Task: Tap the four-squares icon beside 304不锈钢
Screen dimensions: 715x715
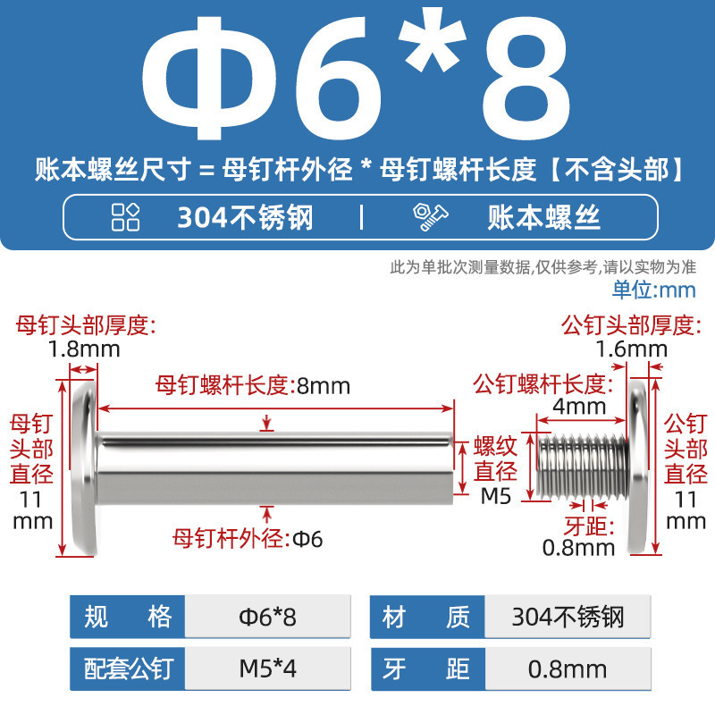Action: coord(125,217)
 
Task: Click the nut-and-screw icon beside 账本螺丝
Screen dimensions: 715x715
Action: coord(431,217)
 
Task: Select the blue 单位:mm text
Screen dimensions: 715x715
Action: coord(653,290)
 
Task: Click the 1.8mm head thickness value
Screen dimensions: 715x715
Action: coord(84,349)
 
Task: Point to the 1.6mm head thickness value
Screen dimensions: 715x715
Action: coord(632,349)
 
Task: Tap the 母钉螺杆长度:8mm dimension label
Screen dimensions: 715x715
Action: coord(253,386)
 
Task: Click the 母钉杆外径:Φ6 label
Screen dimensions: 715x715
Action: coord(248,539)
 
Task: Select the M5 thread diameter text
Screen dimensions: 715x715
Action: coord(496,496)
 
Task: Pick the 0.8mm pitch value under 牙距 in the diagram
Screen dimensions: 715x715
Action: coord(578,548)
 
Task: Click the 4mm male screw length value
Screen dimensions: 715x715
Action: coord(579,406)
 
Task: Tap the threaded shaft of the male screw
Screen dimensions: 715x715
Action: coord(583,466)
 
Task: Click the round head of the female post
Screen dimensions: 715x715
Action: coord(85,468)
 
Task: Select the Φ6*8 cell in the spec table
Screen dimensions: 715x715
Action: coord(267,617)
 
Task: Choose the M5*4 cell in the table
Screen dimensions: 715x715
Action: coord(267,669)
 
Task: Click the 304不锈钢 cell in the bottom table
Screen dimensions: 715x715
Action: coord(568,617)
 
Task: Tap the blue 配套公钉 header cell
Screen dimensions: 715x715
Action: coord(128,669)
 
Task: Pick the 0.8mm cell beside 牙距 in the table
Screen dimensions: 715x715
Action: coord(568,669)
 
